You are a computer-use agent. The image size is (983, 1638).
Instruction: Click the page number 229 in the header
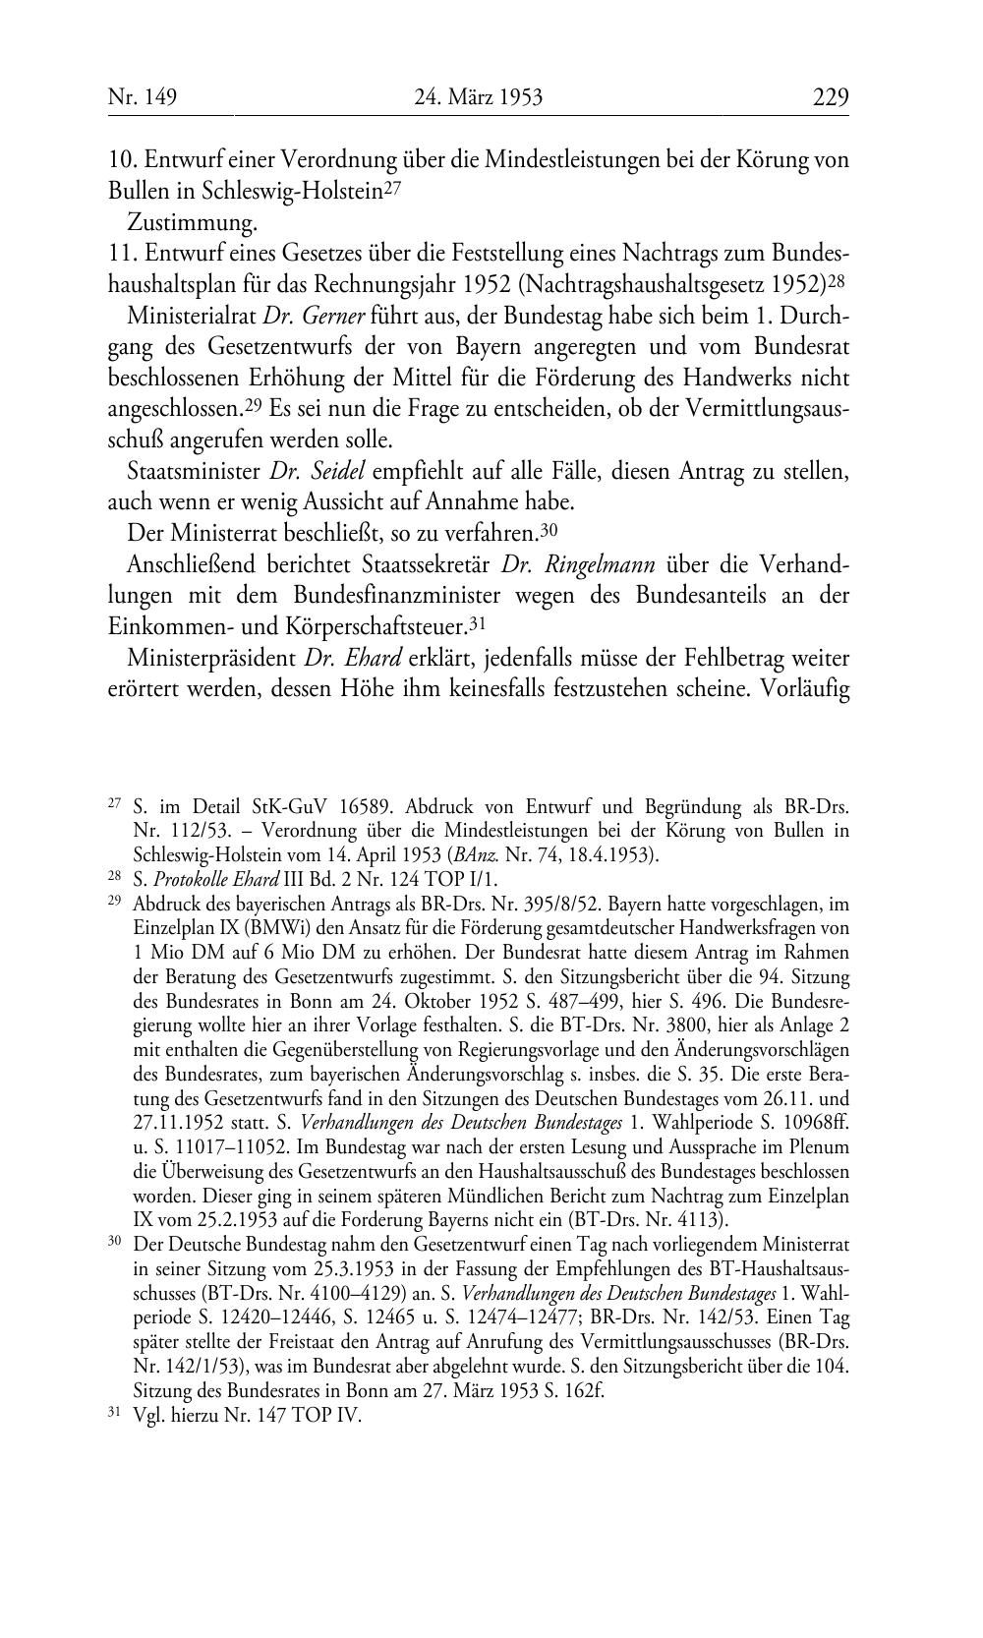(830, 97)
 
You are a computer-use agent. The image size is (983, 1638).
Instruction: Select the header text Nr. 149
(142, 97)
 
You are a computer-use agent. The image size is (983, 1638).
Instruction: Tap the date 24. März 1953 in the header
(479, 97)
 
